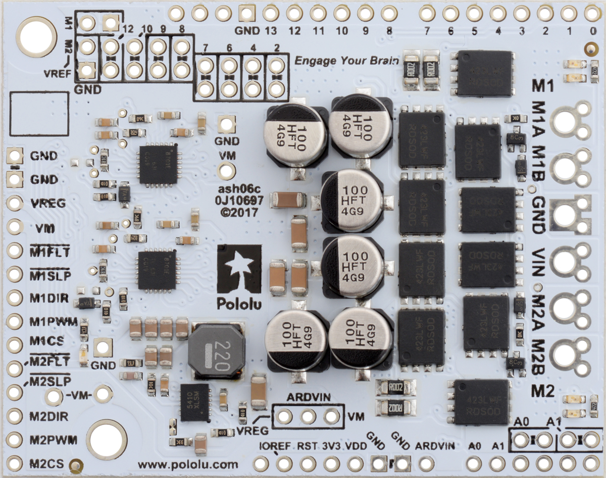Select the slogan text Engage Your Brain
[x=346, y=61]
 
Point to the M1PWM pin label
[x=49, y=321]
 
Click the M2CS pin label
[x=46, y=463]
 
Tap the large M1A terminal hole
[x=565, y=121]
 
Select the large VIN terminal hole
[x=565, y=261]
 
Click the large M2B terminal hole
[x=565, y=355]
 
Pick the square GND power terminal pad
[x=565, y=215]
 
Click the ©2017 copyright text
[x=239, y=213]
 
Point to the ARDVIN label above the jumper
[x=309, y=397]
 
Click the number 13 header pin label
[x=270, y=31]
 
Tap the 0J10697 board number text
[x=239, y=201]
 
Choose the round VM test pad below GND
[x=227, y=171]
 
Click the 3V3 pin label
[x=331, y=446]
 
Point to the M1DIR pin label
[x=48, y=298]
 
